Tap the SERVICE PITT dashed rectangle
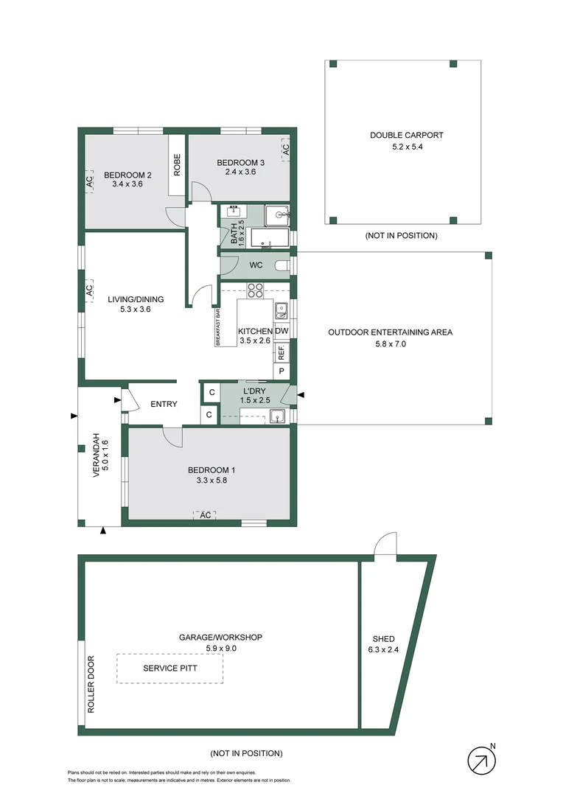coord(170,668)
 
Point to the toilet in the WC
coord(281,265)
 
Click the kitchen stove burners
coord(256,290)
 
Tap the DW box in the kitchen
coord(281,332)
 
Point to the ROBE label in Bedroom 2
coord(177,164)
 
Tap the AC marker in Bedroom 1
coord(206,515)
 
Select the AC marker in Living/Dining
coord(89,291)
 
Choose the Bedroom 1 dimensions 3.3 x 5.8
coord(211,481)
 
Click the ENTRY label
coord(163,404)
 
